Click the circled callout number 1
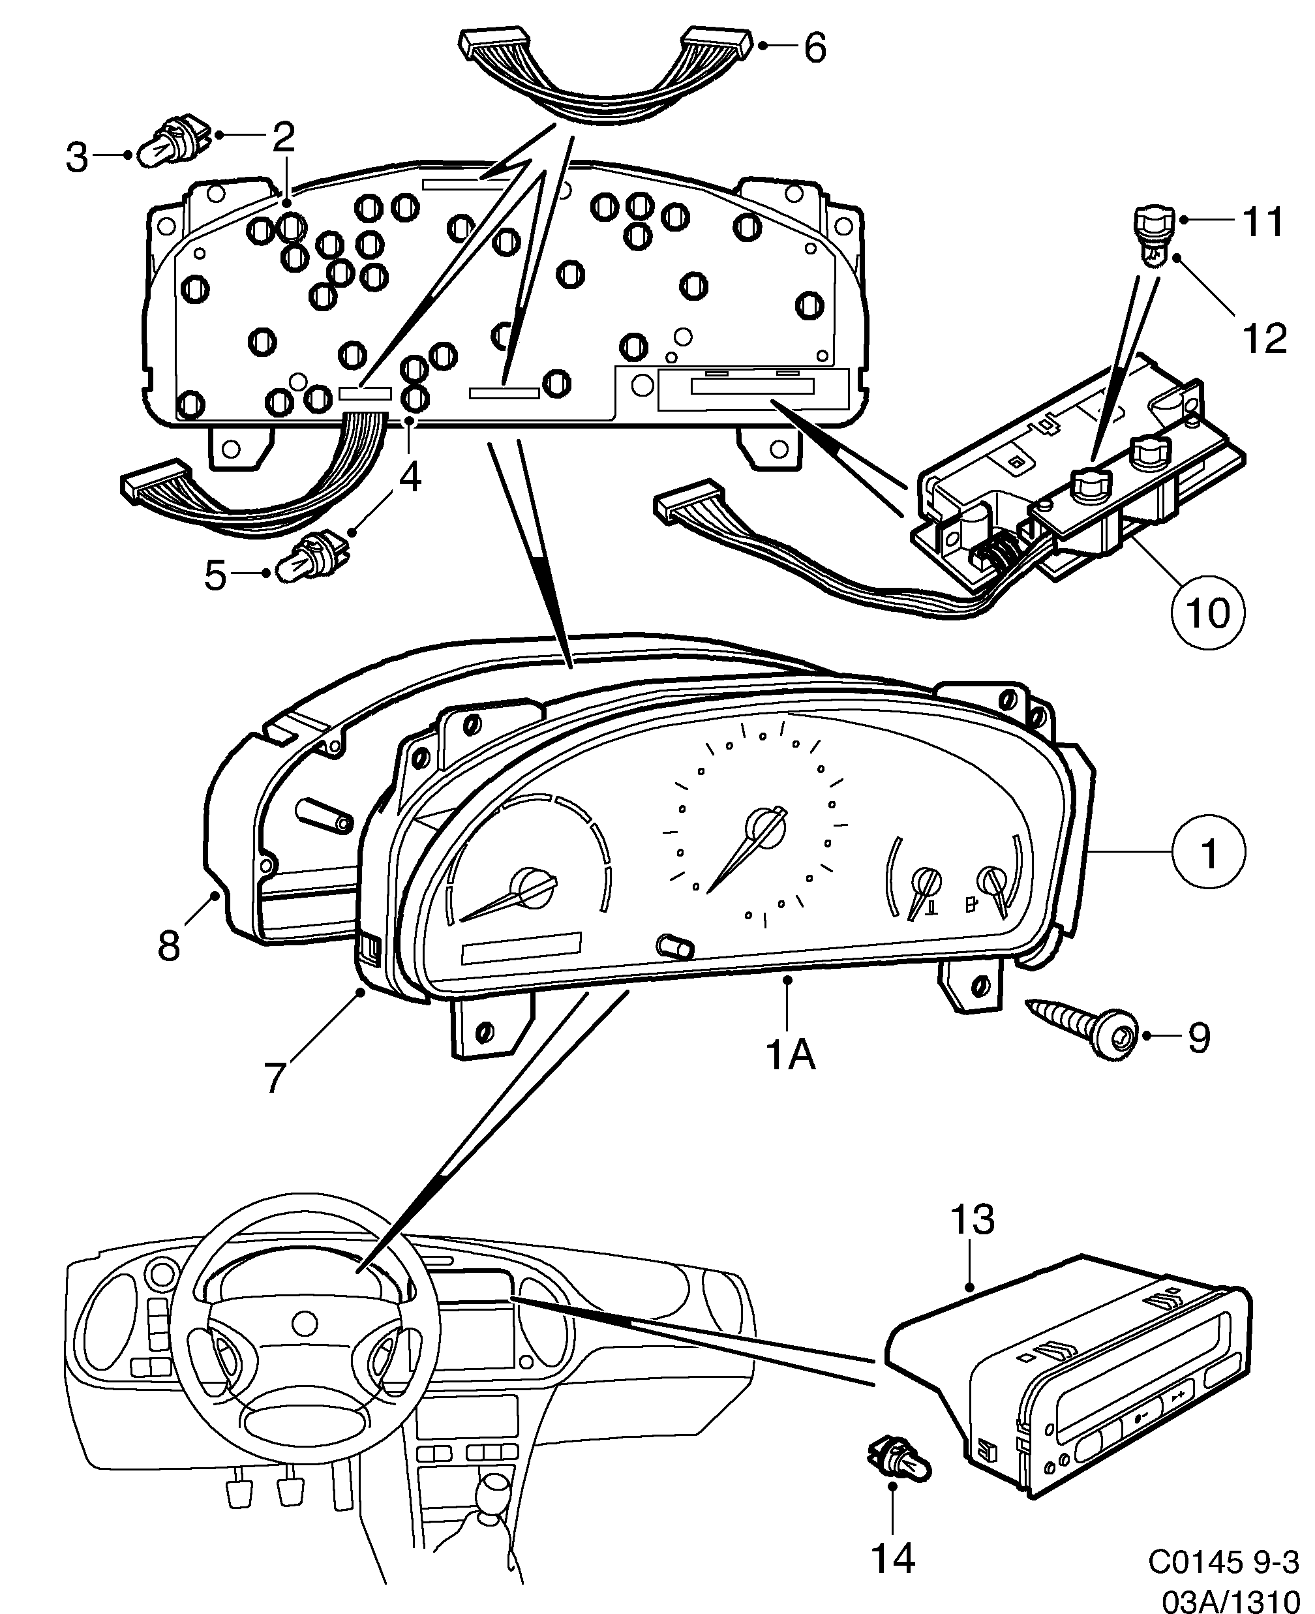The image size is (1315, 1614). pyautogui.click(x=1208, y=852)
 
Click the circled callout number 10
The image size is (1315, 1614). pyautogui.click(x=1207, y=612)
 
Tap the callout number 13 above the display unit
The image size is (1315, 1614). pyautogui.click(x=973, y=1220)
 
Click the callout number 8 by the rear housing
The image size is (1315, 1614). pyautogui.click(x=169, y=945)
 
